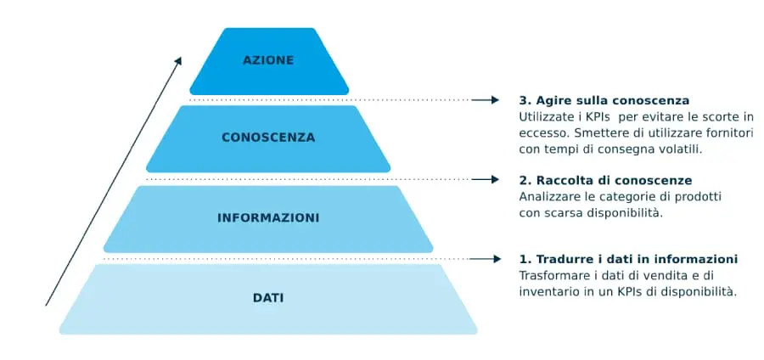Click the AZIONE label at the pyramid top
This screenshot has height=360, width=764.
268,60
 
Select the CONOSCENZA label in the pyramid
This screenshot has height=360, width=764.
268,138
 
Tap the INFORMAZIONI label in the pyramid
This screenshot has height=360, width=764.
268,218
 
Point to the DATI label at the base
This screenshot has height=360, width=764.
268,298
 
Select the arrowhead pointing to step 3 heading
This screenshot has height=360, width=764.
494,100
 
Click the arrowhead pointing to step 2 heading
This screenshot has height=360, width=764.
494,179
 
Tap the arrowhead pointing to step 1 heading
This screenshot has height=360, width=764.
494,259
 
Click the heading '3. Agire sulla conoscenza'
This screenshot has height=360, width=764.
604,100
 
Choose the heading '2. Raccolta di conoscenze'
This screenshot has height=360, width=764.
605,181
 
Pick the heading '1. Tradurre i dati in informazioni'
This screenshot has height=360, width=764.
628,259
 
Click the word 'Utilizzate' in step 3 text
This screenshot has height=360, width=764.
547,117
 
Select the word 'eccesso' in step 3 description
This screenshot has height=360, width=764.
542,133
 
